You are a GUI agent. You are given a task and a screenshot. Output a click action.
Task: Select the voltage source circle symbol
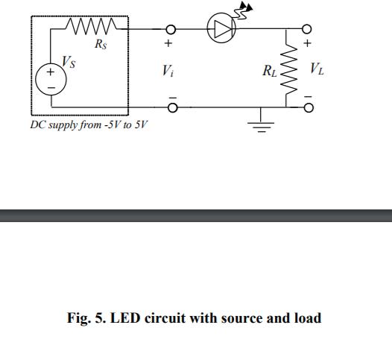click(51, 80)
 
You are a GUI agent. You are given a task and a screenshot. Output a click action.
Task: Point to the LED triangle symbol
click(222, 29)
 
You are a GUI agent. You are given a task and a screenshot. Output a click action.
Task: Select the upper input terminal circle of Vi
click(171, 30)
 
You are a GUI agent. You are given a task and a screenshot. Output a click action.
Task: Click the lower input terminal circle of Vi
click(171, 108)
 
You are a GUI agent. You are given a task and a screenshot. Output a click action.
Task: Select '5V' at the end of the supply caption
click(139, 124)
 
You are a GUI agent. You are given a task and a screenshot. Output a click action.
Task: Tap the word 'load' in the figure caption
click(308, 318)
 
